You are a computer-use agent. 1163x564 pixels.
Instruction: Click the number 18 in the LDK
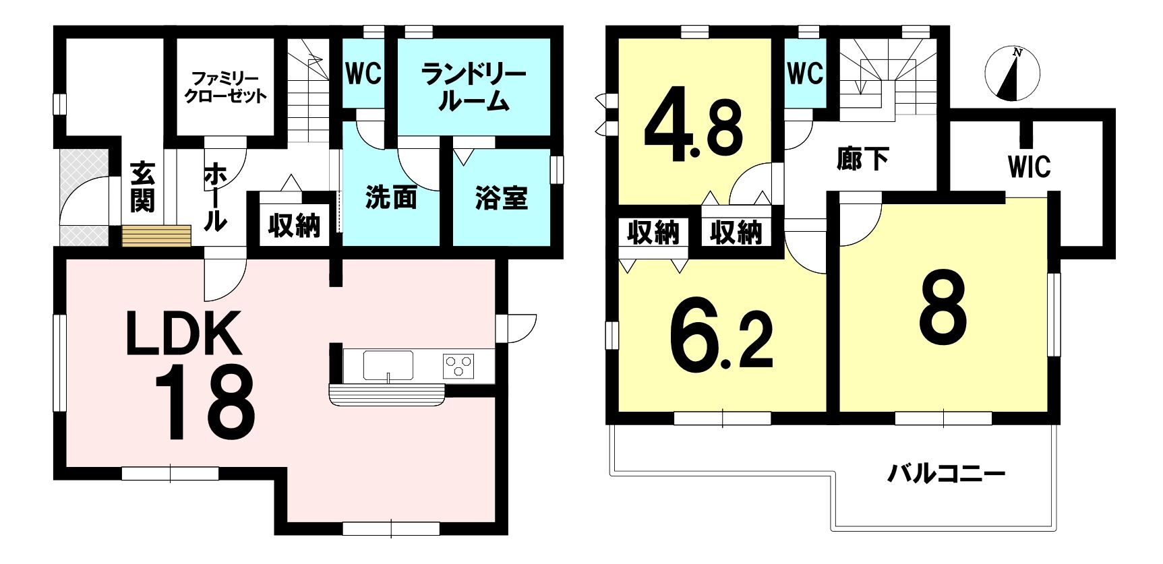click(205, 402)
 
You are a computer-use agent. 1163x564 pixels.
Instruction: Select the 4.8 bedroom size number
click(694, 127)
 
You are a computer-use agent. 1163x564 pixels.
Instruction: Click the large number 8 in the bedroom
click(943, 307)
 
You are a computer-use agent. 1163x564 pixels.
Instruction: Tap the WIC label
click(1030, 166)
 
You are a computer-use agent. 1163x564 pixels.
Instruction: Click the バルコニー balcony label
click(946, 474)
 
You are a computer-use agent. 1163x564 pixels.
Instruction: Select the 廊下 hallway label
click(862, 158)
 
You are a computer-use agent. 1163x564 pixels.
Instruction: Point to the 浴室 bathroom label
click(501, 198)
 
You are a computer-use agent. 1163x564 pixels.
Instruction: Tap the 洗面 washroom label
click(391, 197)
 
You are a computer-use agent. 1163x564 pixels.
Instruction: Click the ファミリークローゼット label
click(225, 88)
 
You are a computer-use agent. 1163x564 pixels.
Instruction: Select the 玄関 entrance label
click(142, 187)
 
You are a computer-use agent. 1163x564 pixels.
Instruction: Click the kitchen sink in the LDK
click(388, 366)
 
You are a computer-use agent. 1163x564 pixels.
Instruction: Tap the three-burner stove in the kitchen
click(458, 366)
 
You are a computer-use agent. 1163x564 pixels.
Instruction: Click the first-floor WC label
click(363, 73)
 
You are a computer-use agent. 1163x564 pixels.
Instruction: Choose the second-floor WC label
click(806, 73)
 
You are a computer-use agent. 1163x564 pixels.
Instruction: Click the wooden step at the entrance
click(156, 237)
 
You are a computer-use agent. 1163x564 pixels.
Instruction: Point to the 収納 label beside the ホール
click(294, 226)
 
